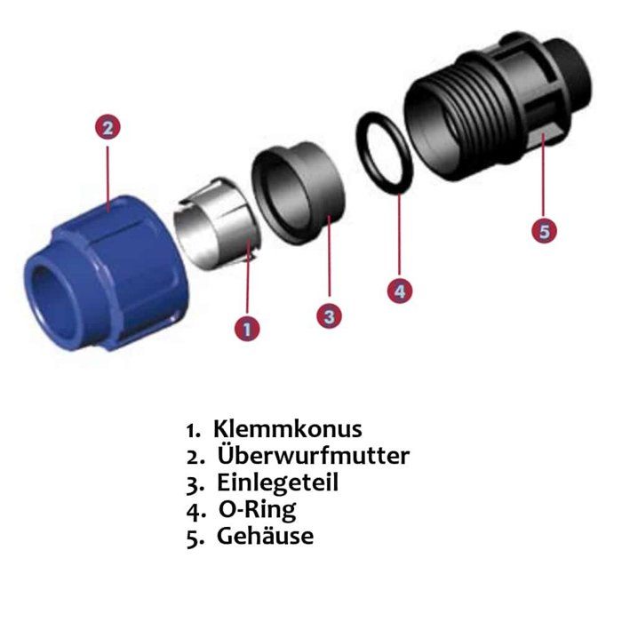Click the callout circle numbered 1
coord(246,329)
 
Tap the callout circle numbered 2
coord(108,126)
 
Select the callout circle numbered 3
coord(330,315)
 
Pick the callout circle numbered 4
coord(399,290)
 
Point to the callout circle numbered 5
coord(545,230)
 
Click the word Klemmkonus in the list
coord(288,429)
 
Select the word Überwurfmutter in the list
coord(313,456)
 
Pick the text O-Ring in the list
coord(258,510)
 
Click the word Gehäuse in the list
coord(265,537)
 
